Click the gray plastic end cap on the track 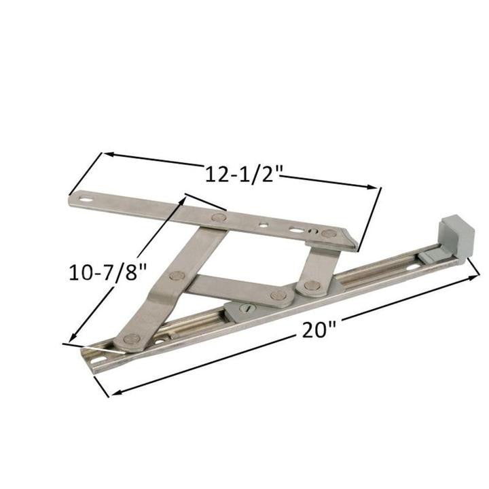pos(454,238)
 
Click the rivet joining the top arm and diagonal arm pos(218,218)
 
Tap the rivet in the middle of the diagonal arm pos(177,276)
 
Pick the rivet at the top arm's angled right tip pos(329,234)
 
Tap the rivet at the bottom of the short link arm pos(312,286)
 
